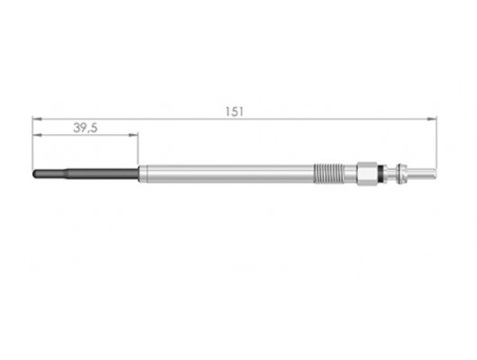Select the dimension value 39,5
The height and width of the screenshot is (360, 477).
coord(85,129)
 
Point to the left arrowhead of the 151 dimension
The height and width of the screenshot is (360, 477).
coord(36,117)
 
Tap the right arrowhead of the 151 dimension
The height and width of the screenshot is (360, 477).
coord(433,117)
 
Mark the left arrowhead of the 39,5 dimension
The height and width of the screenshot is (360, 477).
coord(36,136)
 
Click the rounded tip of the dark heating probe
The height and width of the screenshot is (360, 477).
coord(35,171)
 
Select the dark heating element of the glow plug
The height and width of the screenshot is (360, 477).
coord(85,171)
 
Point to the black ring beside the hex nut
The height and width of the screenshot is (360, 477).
coord(386,171)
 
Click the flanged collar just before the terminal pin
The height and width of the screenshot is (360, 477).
coord(400,171)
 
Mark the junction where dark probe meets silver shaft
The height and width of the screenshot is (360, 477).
coord(139,171)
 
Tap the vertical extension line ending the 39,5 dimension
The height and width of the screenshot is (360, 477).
coord(139,148)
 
